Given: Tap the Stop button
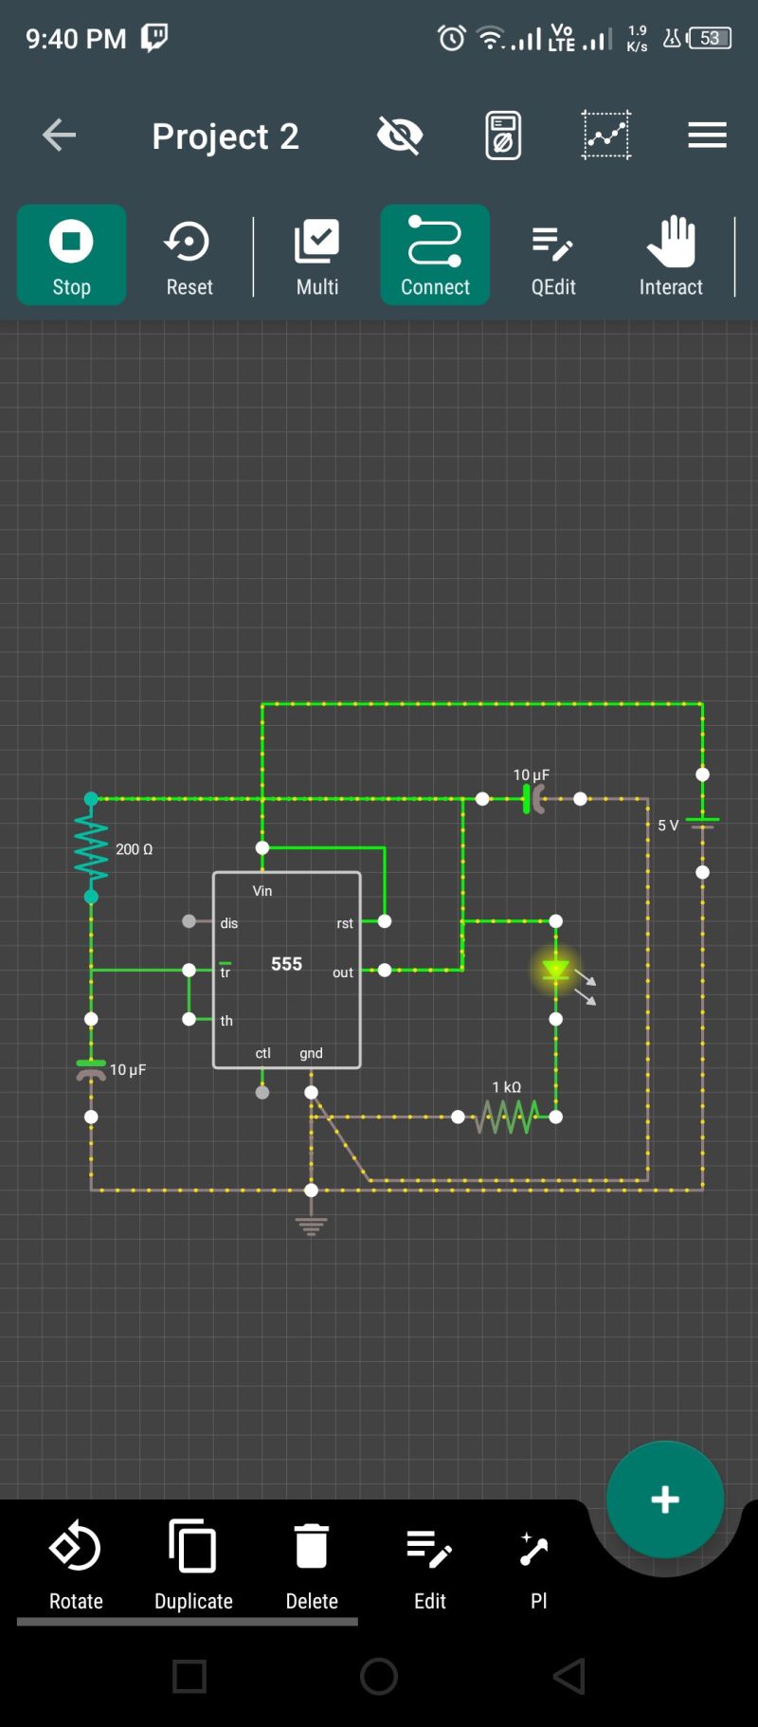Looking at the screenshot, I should click(71, 255).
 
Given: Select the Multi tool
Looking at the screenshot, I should click(316, 255).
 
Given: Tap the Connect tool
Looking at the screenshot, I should click(435, 255).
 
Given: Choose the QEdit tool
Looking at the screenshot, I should click(552, 255).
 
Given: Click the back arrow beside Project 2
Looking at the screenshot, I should click(59, 136).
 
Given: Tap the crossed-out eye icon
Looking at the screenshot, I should click(400, 136).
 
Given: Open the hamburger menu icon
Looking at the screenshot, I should click(707, 136).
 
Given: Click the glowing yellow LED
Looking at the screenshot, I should click(556, 971).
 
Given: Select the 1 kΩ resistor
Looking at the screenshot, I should click(507, 1117).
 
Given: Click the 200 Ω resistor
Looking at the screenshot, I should click(91, 848).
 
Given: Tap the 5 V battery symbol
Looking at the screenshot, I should click(702, 824).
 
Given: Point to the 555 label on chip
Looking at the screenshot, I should click(286, 964).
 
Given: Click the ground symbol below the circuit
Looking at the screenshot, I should click(311, 1225).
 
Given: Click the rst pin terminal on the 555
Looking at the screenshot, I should click(385, 921).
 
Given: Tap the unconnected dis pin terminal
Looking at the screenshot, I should click(189, 921).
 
